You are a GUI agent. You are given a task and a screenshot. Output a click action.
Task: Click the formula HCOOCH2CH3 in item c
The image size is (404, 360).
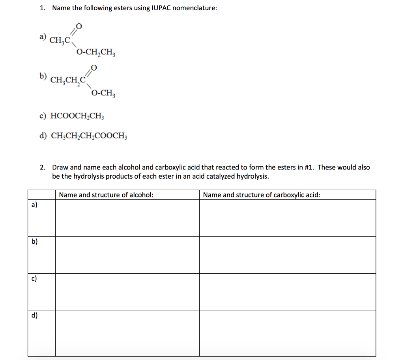(x=78, y=116)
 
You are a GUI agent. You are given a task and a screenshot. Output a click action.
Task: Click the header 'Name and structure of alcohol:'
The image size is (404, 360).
(x=106, y=195)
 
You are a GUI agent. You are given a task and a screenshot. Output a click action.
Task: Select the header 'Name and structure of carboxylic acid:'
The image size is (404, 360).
(x=261, y=195)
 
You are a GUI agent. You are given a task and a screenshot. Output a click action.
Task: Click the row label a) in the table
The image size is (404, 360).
(x=34, y=205)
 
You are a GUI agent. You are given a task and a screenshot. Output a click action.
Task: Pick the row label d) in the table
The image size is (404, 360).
(x=34, y=315)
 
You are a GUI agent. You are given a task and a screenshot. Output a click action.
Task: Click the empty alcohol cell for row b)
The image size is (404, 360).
(x=127, y=255)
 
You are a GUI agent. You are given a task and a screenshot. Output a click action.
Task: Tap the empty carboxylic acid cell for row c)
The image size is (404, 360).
(x=287, y=291)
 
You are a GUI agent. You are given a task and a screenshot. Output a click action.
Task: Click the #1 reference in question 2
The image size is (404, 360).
(x=309, y=167)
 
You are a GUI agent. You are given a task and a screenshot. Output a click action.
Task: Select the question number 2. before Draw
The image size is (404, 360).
(x=43, y=167)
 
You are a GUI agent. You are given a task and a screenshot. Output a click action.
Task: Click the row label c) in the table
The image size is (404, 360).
(x=34, y=279)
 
